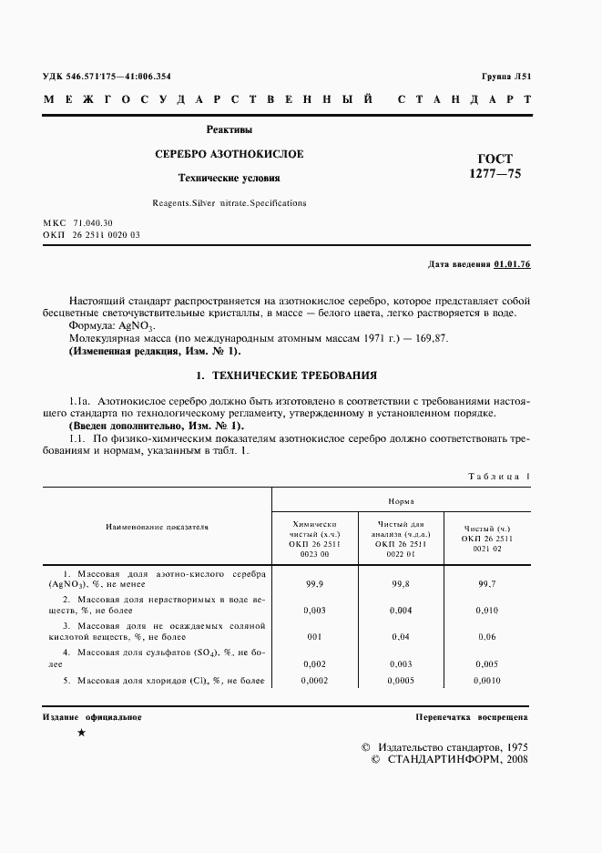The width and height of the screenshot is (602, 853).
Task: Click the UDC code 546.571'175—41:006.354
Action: coord(120,77)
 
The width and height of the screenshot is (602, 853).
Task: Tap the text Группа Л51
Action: coord(505,77)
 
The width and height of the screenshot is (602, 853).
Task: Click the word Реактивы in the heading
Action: coord(230,130)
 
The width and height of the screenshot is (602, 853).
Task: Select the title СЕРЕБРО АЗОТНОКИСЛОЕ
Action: coord(230,154)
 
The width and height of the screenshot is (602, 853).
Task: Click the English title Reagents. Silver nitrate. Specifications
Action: coord(230,203)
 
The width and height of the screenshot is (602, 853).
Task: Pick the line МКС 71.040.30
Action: coord(78,222)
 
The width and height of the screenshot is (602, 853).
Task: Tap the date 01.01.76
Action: coord(512,264)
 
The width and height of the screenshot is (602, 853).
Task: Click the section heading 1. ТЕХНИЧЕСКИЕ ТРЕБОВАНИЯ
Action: coord(286,375)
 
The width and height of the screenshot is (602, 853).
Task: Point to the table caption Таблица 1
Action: coord(499,476)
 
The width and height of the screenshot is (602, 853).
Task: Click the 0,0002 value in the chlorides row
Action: coord(314,680)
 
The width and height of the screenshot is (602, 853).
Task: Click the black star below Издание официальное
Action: coord(82,733)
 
